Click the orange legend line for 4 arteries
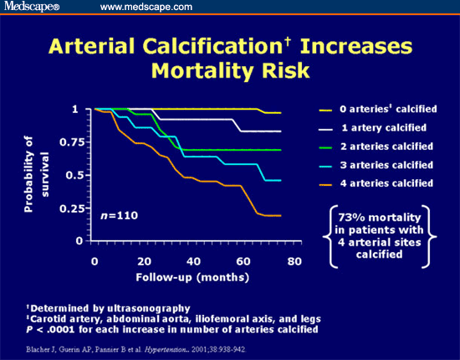[x=330, y=183]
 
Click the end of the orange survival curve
[x=279, y=216]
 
